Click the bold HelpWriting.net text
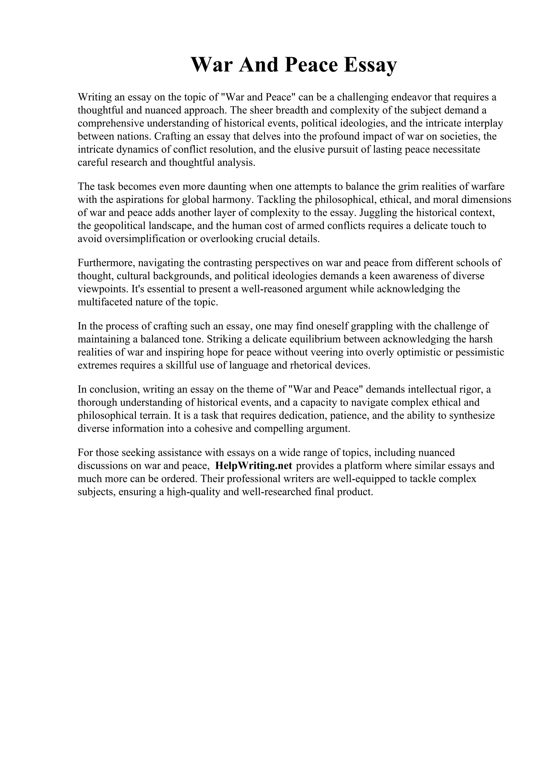pyautogui.click(x=254, y=466)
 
